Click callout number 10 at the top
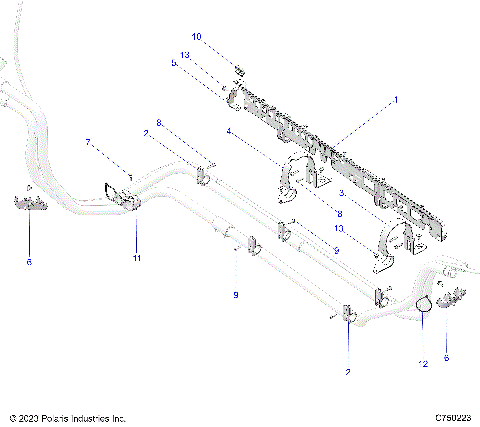(x=197, y=37)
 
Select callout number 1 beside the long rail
(x=395, y=100)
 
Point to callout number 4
(x=228, y=129)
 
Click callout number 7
(x=88, y=141)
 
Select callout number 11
(x=137, y=258)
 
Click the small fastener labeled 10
(x=239, y=69)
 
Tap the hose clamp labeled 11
(x=122, y=194)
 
